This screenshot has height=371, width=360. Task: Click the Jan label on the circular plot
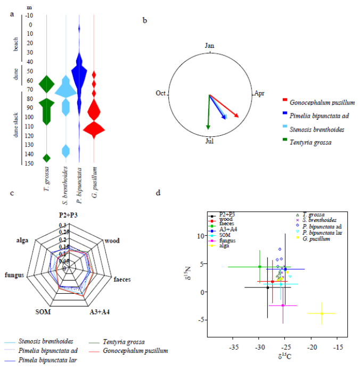(x=210, y=46)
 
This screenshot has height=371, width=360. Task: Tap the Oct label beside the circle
(x=161, y=93)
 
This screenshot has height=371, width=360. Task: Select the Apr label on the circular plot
(x=259, y=93)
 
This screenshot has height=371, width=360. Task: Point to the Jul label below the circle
(x=210, y=141)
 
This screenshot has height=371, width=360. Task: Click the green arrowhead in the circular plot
(x=208, y=127)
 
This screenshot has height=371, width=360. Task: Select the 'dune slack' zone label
(x=15, y=127)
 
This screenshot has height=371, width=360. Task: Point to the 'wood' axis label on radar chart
(x=111, y=241)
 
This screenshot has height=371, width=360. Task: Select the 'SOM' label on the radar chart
(x=43, y=311)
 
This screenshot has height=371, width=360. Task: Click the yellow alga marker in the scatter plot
(x=322, y=314)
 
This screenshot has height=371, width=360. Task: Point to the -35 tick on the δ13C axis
(x=233, y=347)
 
